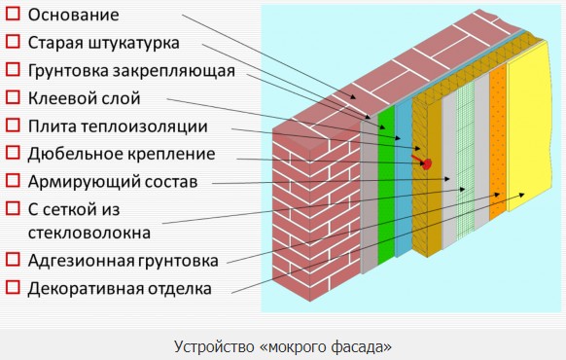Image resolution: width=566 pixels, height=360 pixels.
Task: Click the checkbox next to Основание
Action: (x=13, y=15)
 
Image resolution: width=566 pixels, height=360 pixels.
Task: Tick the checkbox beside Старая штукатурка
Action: (x=13, y=43)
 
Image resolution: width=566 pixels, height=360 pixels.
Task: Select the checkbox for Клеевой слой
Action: (x=13, y=97)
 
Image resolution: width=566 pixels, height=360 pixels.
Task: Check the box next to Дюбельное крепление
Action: (x=13, y=153)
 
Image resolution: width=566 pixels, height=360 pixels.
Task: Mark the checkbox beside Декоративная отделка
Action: (x=13, y=288)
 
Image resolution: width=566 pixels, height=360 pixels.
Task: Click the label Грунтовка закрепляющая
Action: (x=131, y=70)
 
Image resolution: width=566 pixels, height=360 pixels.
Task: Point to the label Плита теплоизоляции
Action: (x=118, y=126)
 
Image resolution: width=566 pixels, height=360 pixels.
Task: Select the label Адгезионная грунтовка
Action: (x=123, y=260)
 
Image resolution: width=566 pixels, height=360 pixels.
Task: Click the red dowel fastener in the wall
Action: (x=423, y=162)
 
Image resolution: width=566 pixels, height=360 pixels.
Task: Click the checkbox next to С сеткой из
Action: (x=13, y=208)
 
